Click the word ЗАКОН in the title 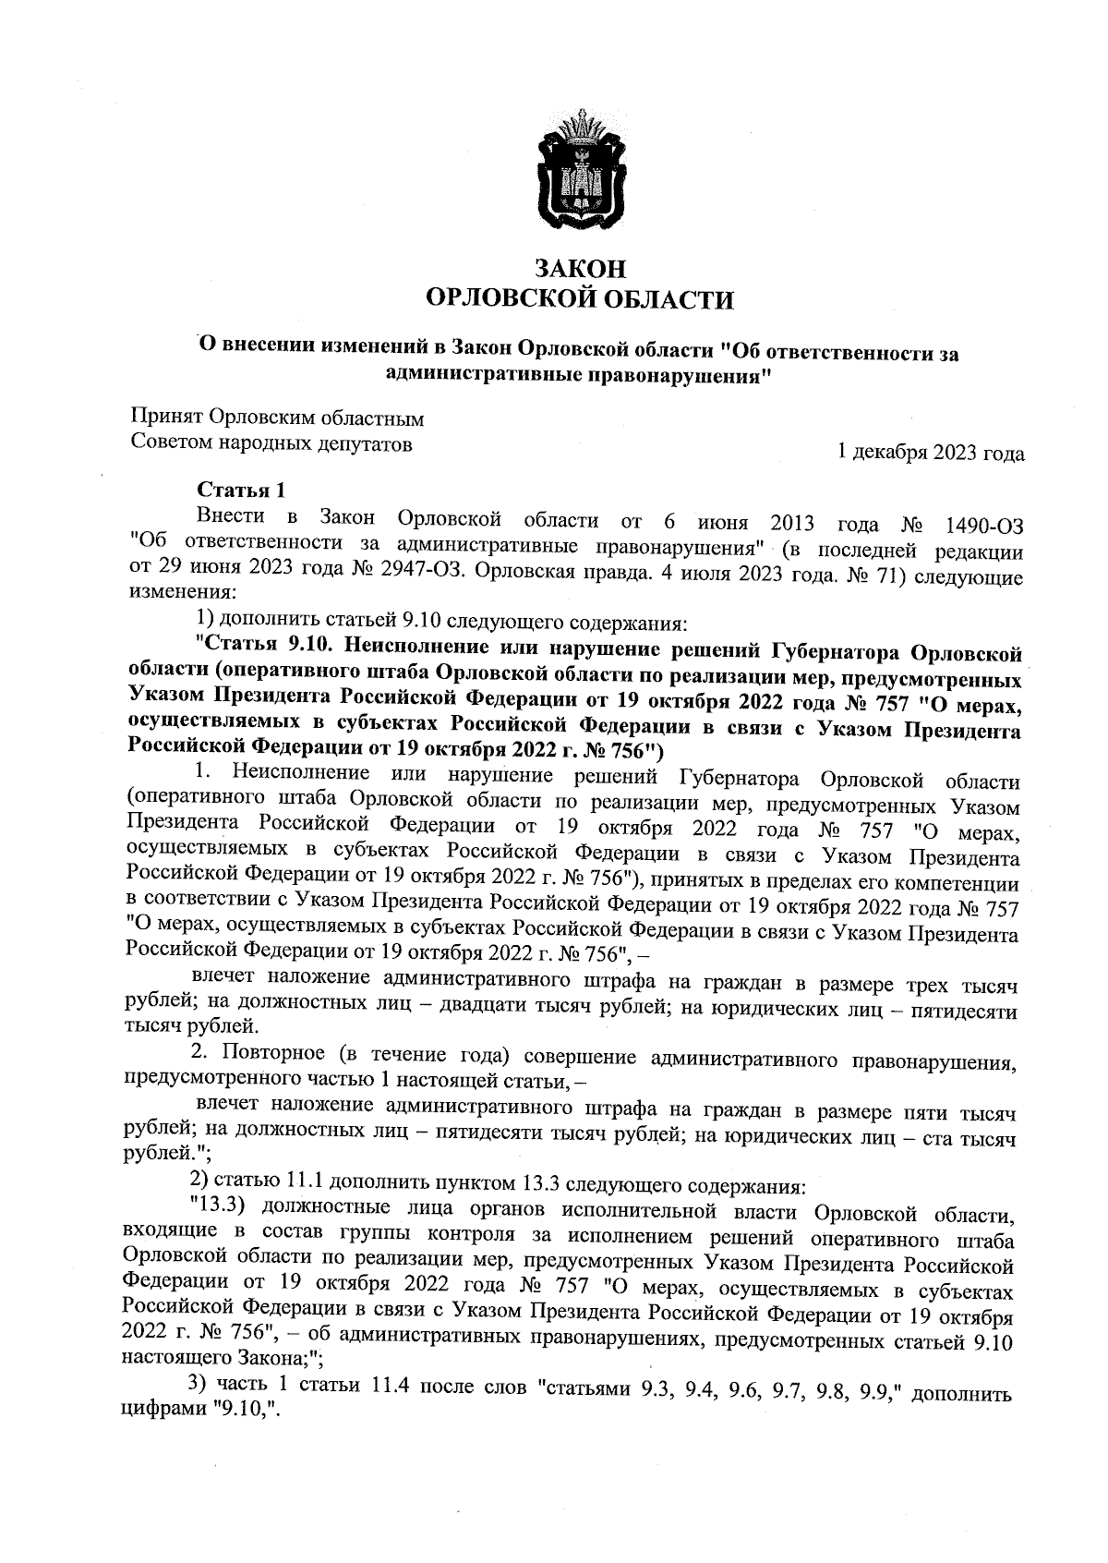click(x=581, y=269)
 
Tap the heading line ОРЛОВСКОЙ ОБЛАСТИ click(x=581, y=299)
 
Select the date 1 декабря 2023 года click(x=930, y=453)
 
